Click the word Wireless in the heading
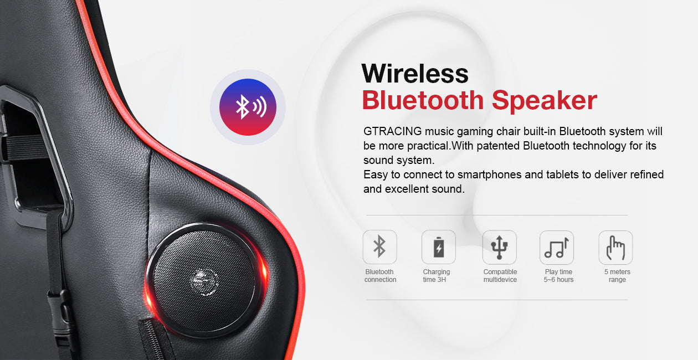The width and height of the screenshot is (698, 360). tap(415, 74)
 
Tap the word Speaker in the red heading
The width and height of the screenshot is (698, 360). tap(545, 100)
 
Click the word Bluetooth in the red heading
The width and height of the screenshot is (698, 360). tap(423, 100)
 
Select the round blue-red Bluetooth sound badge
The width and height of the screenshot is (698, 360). tap(248, 107)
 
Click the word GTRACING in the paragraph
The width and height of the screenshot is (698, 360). tap(393, 131)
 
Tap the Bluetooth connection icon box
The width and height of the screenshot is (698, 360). tap(379, 247)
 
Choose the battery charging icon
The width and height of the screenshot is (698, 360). tap(438, 247)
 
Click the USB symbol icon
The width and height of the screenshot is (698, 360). tap(499, 247)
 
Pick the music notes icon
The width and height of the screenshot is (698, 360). tap(557, 247)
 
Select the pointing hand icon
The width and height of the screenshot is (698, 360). tap(615, 247)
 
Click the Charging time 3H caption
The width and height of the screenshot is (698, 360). tap(437, 276)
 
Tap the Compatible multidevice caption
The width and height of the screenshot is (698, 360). tap(500, 276)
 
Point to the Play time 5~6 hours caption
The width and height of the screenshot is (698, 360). tap(559, 276)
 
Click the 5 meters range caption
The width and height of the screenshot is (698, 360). tap(617, 276)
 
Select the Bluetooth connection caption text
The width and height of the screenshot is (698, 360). tap(380, 276)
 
